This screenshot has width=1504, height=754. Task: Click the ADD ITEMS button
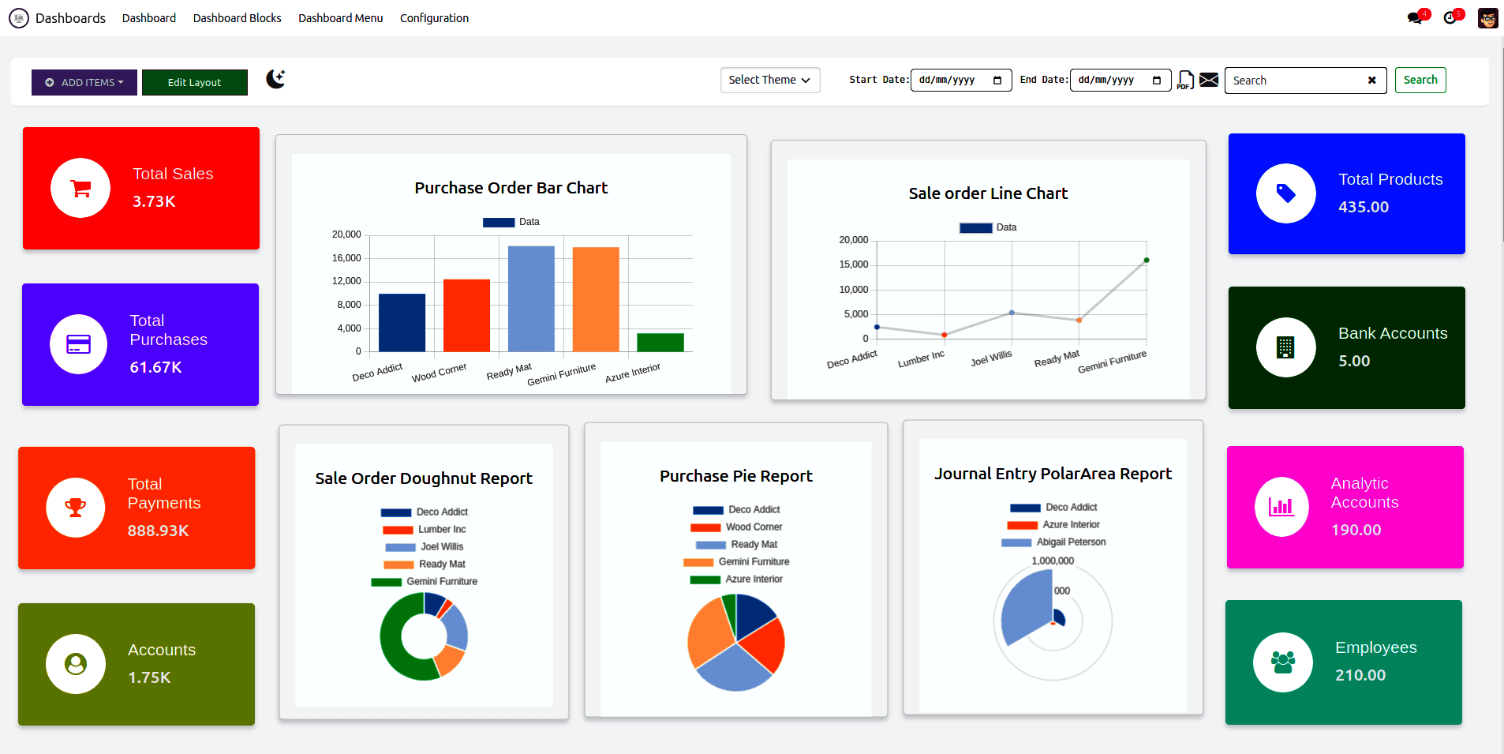point(84,82)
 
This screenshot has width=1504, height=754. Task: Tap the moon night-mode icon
point(275,79)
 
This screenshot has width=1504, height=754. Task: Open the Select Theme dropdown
point(769,80)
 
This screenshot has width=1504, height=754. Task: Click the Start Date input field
point(960,81)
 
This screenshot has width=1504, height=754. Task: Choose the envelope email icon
point(1209,80)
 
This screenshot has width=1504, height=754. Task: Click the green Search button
point(1420,80)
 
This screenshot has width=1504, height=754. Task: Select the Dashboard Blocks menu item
point(237,18)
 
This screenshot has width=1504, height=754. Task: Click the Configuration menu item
point(434,18)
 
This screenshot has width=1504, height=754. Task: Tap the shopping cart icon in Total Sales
point(80,188)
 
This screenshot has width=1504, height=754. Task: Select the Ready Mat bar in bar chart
point(531,298)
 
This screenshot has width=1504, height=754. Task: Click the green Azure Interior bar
point(660,342)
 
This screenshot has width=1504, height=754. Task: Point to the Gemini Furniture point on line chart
point(1146,260)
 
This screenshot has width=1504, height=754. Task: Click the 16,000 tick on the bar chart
point(346,258)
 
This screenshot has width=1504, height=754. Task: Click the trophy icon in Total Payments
point(76,508)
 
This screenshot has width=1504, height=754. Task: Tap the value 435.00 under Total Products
point(1364,207)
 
